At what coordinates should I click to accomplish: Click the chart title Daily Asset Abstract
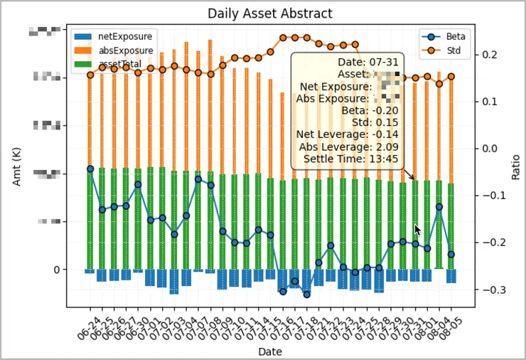point(269,14)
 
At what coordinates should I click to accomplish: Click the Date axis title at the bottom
point(269,351)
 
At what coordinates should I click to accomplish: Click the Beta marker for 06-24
point(90,169)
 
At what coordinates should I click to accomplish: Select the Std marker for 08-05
point(451,77)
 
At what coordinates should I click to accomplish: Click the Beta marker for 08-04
point(439,207)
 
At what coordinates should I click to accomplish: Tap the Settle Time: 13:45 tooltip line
point(350,159)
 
